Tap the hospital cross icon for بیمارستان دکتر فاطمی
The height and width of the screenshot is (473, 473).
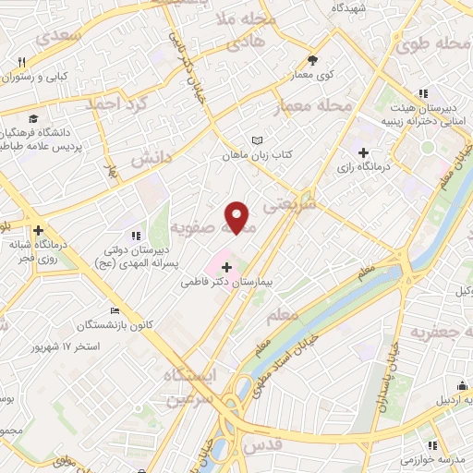click(227, 268)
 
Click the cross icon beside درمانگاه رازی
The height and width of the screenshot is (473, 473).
click(363, 152)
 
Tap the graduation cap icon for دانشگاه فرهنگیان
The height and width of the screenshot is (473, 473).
click(34, 118)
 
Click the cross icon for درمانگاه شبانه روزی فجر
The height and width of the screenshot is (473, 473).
click(38, 230)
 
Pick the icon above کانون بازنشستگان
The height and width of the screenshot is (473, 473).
click(114, 310)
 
